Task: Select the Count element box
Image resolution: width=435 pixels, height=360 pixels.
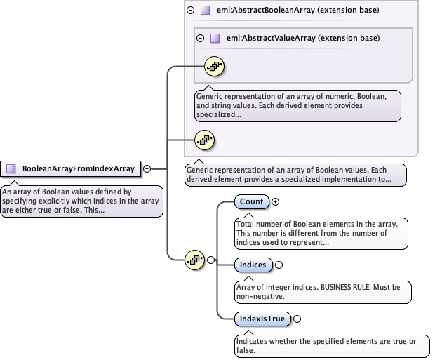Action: coord(251,202)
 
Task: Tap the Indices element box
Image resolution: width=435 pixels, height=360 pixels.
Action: coord(253,265)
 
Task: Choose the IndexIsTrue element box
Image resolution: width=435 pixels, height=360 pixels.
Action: coord(262,319)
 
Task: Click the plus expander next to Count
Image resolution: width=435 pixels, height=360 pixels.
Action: coord(275,202)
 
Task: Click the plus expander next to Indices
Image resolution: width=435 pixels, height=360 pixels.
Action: coord(279,265)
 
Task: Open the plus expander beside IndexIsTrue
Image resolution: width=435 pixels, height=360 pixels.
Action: coord(297,319)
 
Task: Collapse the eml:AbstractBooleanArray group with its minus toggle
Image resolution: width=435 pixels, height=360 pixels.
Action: coord(191,11)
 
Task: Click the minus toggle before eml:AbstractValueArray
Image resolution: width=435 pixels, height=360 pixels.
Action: coord(201,38)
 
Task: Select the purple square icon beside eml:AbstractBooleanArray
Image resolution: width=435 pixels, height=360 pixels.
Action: coord(205,11)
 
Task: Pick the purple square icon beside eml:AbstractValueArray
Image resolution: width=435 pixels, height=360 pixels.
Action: coord(215,38)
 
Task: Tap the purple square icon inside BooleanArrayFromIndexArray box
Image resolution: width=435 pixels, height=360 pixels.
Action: coord(11,168)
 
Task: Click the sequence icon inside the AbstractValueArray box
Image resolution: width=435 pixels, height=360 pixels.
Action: coord(213,67)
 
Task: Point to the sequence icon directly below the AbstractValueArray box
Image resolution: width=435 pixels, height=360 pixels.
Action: coord(204,140)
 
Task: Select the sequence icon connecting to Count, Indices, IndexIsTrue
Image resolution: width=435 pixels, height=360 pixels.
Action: coord(194,260)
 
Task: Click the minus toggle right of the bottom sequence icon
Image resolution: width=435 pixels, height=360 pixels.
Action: coord(210,260)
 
